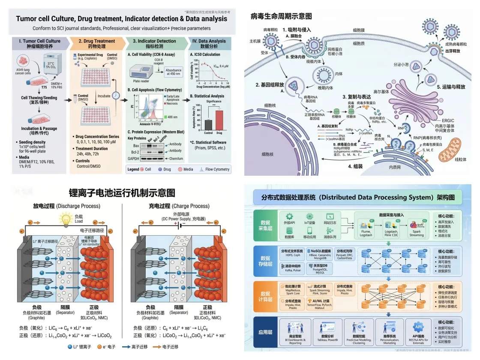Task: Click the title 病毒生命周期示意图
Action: click(x=281, y=16)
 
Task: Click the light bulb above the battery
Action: click(x=66, y=219)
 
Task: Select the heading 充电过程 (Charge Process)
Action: click(x=176, y=206)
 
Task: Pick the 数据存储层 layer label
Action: click(x=266, y=261)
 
